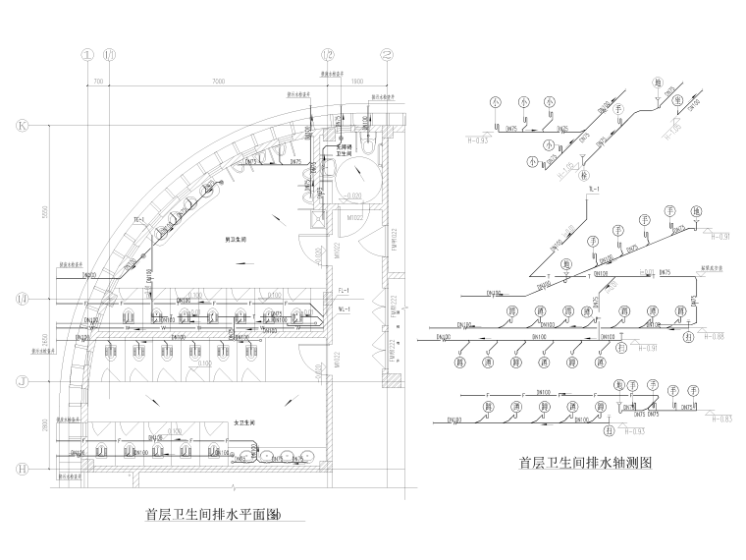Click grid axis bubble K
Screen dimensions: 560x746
(21, 126)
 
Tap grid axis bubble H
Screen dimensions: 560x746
(21, 471)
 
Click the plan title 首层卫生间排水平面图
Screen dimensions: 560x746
(212, 514)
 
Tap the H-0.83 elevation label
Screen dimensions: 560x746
(719, 419)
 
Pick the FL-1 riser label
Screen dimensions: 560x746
(343, 291)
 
